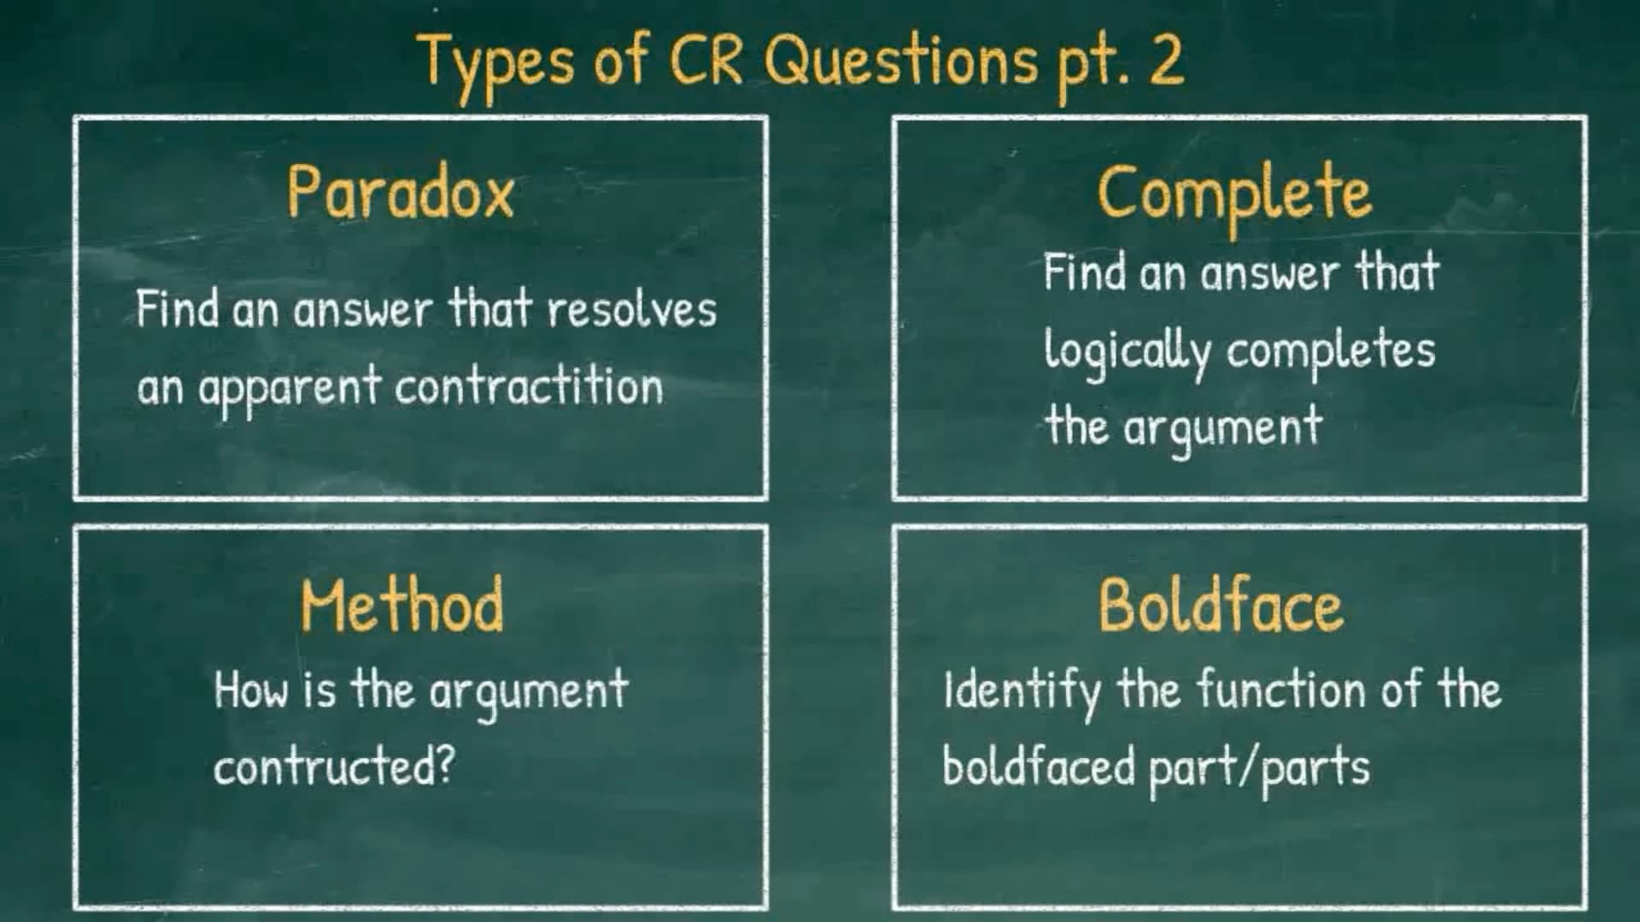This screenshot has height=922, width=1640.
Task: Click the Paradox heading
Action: pos(401,192)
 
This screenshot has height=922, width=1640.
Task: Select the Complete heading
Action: pos(1234,195)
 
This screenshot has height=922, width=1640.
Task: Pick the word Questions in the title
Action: pos(902,62)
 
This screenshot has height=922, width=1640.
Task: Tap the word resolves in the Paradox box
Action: pos(632,309)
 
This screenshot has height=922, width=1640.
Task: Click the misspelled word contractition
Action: pos(529,386)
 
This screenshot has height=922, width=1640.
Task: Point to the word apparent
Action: pos(290,389)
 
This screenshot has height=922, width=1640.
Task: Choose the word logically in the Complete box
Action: pos(1127,352)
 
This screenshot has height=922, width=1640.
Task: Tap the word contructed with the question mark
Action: pos(334,766)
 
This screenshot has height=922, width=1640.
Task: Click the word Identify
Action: pos(1022,692)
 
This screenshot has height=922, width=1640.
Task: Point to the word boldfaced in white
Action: pos(1039,764)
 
